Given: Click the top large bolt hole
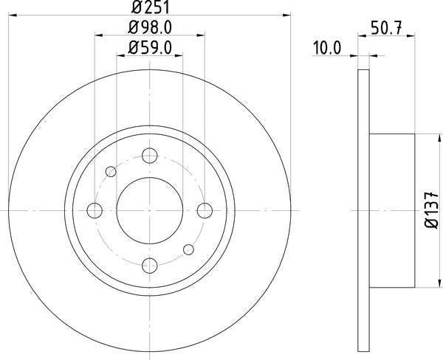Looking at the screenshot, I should (x=150, y=155).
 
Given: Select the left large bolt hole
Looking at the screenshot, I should (x=95, y=210).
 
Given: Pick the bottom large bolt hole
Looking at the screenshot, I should (x=150, y=266).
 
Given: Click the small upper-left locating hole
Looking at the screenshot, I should (x=111, y=172).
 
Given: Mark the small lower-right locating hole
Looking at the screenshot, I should (x=188, y=249).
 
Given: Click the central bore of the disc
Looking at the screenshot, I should (x=150, y=210).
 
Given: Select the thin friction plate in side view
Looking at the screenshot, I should (x=363, y=210).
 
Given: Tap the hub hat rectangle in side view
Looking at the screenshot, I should (x=391, y=210).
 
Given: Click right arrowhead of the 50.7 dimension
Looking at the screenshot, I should (x=411, y=55).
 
